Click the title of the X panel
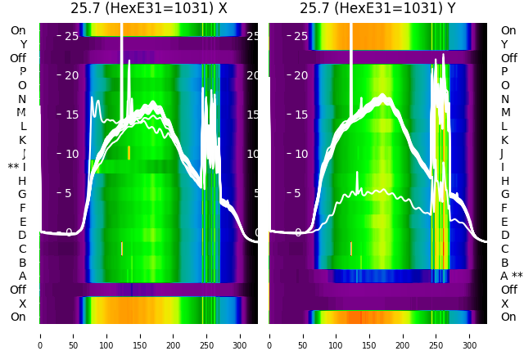148,9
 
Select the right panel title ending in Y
377,9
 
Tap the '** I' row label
17,167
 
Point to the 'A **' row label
512,277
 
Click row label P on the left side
23,72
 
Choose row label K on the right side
504,140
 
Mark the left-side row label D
22,236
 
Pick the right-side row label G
504,195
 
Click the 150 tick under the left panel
140,335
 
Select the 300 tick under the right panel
470,335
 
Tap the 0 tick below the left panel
39,335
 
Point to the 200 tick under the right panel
403,335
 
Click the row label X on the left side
23,304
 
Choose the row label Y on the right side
504,45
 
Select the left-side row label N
22,99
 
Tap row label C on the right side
504,249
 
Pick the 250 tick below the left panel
207,335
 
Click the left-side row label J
24,154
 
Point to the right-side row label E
504,222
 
